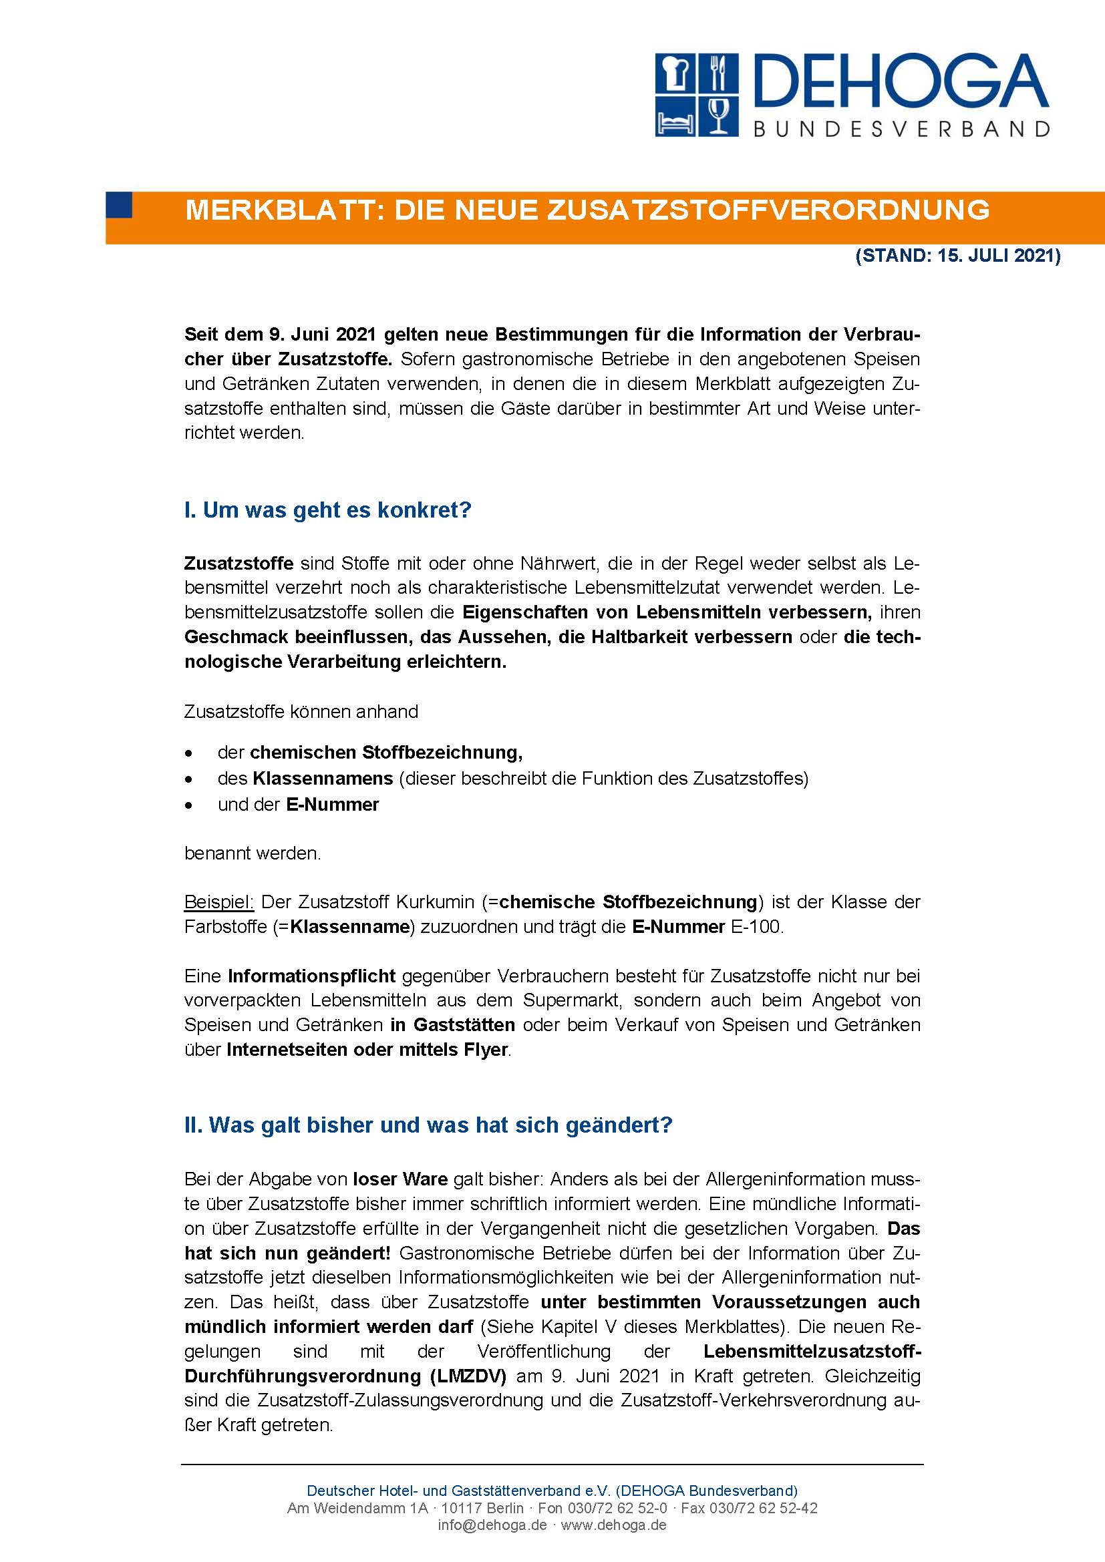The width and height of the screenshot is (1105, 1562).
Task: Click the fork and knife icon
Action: [718, 74]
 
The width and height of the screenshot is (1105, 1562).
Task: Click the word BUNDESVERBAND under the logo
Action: [901, 129]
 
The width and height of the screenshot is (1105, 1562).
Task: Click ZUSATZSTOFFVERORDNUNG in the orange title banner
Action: [768, 210]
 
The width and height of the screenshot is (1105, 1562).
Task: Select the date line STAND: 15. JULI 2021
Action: [958, 256]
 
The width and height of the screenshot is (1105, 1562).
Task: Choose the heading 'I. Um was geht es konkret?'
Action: [327, 510]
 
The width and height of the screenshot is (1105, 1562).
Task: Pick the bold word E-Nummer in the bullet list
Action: [332, 804]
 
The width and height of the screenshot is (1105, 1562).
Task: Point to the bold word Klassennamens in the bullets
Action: [323, 778]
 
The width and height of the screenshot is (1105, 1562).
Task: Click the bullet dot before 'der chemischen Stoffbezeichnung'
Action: [189, 754]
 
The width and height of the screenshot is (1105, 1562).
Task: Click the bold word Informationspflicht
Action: [311, 976]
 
